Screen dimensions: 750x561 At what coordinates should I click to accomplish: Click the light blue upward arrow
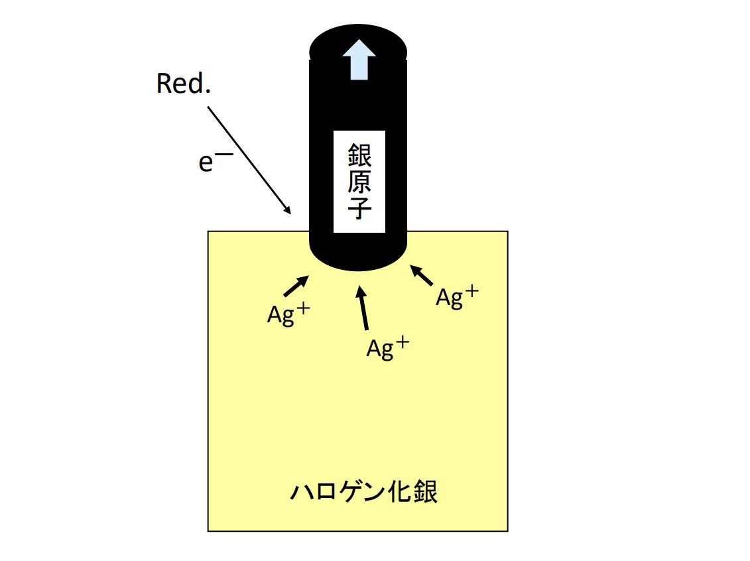pos(359,60)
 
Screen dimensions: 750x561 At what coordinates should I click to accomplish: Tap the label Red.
pos(184,83)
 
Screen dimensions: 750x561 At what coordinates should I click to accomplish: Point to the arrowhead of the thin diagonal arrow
pos(288,211)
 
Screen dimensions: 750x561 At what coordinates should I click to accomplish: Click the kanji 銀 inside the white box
pos(359,155)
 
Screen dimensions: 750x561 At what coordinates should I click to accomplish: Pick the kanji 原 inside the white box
pos(359,181)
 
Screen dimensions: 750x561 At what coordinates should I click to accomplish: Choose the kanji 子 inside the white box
pos(359,208)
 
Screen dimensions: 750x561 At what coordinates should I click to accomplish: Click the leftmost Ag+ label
pos(288,314)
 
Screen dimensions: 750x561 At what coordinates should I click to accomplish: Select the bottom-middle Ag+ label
pos(388,347)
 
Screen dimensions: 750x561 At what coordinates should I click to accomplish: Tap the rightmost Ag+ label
pos(458,297)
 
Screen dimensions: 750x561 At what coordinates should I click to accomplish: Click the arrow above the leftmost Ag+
pos(296,286)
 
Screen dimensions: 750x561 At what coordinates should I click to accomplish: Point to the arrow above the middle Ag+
pos(363,308)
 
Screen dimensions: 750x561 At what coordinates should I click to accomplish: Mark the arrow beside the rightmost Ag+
pos(421,275)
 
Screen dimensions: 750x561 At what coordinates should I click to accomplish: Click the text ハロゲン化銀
pos(363,491)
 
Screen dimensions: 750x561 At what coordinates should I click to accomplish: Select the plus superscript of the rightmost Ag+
pos(471,291)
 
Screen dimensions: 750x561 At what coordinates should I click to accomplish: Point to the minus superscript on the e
pos(225,154)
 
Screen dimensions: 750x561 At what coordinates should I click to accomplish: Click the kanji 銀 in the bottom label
pos(425,491)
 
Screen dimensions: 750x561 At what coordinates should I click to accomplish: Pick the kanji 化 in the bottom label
pos(399,491)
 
